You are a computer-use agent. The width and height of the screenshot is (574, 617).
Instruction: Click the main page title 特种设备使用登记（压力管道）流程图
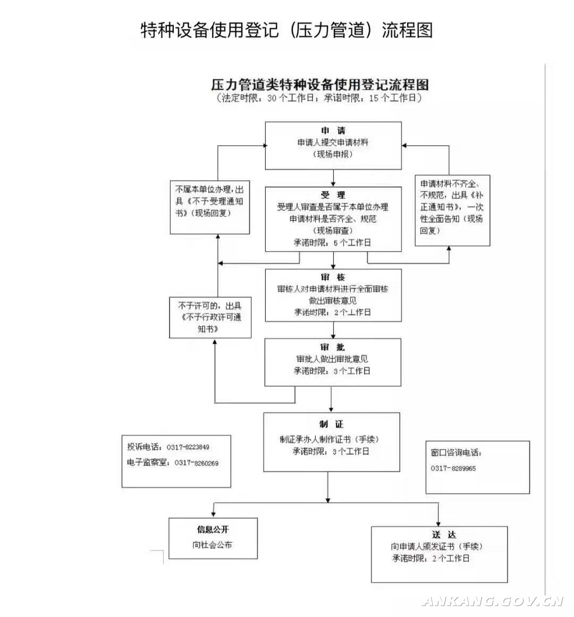pyautogui.click(x=286, y=30)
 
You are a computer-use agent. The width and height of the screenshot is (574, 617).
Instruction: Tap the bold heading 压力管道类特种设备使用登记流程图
pyautogui.click(x=319, y=84)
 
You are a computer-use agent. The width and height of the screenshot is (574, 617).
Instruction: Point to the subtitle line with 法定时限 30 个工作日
pyautogui.click(x=319, y=98)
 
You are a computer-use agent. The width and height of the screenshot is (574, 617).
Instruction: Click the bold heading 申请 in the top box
pyautogui.click(x=333, y=131)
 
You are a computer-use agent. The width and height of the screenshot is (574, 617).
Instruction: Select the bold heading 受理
pyautogui.click(x=333, y=195)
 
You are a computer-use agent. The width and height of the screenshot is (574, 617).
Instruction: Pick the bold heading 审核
pyautogui.click(x=333, y=277)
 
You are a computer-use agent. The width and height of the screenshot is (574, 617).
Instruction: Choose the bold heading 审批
pyautogui.click(x=332, y=347)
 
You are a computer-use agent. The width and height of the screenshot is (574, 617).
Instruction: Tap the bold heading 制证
pyautogui.click(x=332, y=424)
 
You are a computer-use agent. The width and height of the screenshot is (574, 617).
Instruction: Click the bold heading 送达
pyautogui.click(x=444, y=535)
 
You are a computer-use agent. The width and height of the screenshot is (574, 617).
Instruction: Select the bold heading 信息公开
pyautogui.click(x=213, y=530)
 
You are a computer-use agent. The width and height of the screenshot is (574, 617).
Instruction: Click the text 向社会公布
pyautogui.click(x=212, y=545)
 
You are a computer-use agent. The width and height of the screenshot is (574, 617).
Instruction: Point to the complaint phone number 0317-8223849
pyautogui.click(x=188, y=447)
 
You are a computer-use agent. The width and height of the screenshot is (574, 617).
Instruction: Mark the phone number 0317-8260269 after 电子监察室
pyautogui.click(x=197, y=463)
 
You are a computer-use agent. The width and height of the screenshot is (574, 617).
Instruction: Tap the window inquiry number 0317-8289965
pyautogui.click(x=453, y=468)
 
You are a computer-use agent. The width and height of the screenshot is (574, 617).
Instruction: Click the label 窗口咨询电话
pyautogui.click(x=456, y=453)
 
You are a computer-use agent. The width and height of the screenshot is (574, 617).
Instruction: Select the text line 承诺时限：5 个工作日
pyautogui.click(x=332, y=243)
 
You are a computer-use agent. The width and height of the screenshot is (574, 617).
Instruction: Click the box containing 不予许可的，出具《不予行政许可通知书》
pyautogui.click(x=210, y=318)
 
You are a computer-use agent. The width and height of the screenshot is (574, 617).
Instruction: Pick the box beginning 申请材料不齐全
pyautogui.click(x=452, y=211)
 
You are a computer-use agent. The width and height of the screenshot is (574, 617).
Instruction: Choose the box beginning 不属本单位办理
pyautogui.click(x=210, y=207)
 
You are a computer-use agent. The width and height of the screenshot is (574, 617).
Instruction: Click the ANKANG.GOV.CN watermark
pyautogui.click(x=493, y=602)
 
